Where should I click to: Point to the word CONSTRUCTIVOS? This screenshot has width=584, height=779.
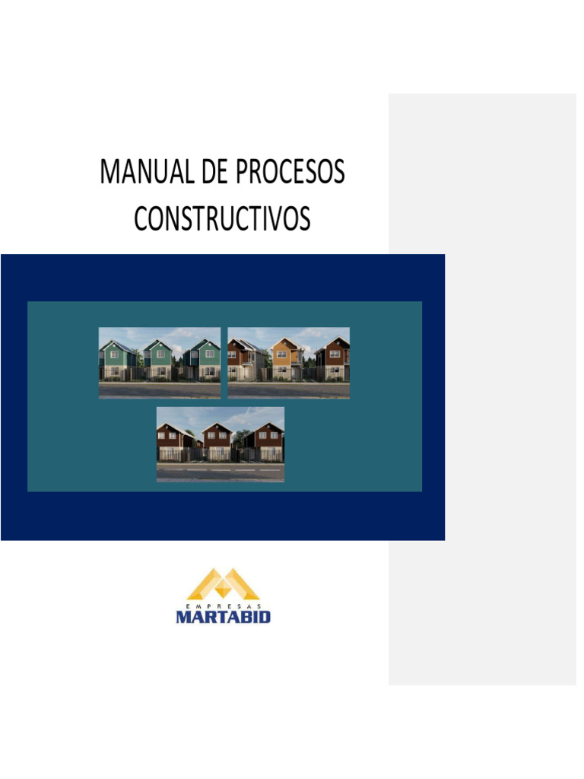[222, 219]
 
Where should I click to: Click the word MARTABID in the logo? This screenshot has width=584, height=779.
[223, 616]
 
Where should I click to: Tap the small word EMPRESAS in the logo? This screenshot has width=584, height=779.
[223, 604]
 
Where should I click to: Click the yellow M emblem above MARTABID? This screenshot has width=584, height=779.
[223, 584]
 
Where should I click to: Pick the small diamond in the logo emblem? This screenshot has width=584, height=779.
[223, 590]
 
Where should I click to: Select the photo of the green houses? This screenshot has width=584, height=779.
[160, 363]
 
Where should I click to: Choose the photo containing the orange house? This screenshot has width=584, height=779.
[289, 363]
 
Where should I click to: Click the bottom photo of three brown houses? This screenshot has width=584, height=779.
[221, 444]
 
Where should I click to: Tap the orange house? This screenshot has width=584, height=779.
[287, 358]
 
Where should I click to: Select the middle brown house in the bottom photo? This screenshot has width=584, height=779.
[218, 441]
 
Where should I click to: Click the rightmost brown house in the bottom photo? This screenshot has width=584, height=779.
[267, 441]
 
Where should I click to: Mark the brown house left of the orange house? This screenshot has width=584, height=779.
[242, 358]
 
